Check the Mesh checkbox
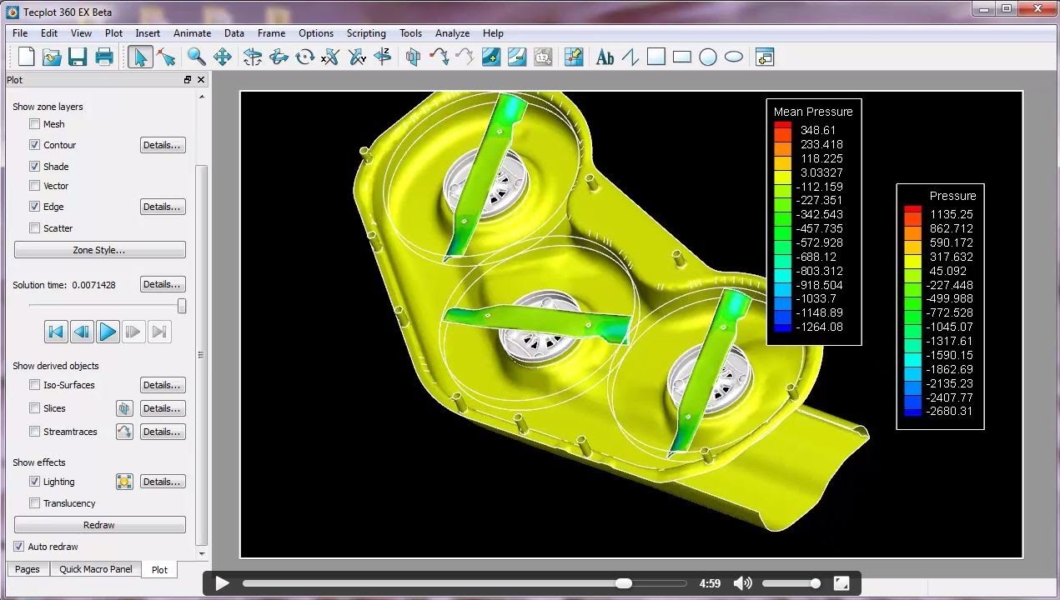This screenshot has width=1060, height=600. pyautogui.click(x=34, y=124)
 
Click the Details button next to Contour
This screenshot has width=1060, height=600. pyautogui.click(x=163, y=145)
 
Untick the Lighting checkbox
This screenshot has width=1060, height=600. pyautogui.click(x=34, y=482)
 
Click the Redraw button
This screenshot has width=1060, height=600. pyautogui.click(x=99, y=525)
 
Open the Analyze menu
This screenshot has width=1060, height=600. pyautogui.click(x=452, y=33)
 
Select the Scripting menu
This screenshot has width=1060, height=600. pyautogui.click(x=366, y=33)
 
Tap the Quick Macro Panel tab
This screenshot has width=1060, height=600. pyautogui.click(x=96, y=569)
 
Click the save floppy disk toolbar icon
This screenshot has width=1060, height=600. pyautogui.click(x=78, y=57)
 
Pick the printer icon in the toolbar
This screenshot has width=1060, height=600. pyautogui.click(x=104, y=57)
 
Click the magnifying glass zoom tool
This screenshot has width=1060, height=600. pyautogui.click(x=196, y=57)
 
